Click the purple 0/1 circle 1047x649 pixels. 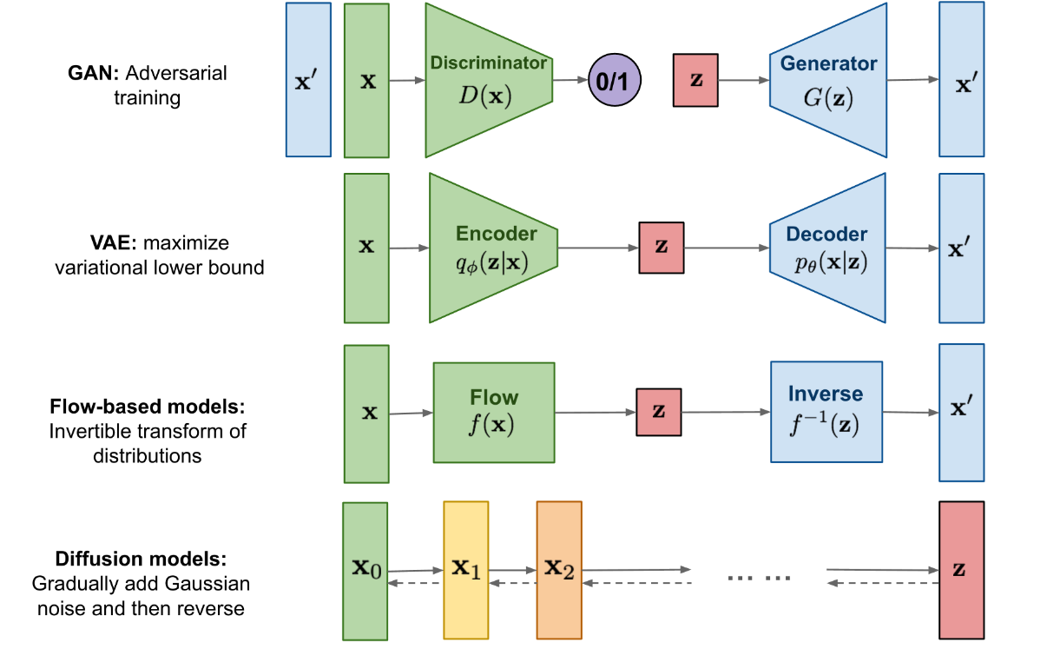tap(615, 81)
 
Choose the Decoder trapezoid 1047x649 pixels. tap(827, 248)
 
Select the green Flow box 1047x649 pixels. tap(494, 412)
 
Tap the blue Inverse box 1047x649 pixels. tap(826, 411)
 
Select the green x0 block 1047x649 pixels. tap(365, 572)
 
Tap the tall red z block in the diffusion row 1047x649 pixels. tap(961, 570)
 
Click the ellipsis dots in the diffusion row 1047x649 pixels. tap(759, 576)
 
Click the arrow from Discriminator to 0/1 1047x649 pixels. tap(570, 80)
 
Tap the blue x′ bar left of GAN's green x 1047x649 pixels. tap(308, 80)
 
